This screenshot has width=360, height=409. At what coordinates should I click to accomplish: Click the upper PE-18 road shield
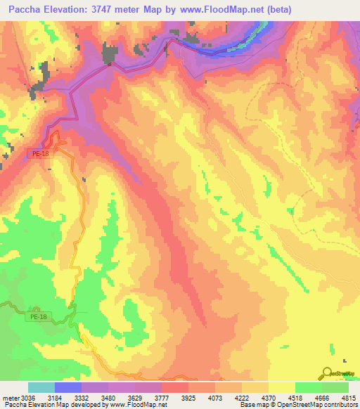tap(41, 153)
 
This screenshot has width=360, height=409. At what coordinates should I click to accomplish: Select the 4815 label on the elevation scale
tap(349, 398)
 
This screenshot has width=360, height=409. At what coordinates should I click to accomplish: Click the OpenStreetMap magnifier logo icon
tap(328, 372)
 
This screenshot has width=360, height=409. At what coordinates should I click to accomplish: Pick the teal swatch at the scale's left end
tap(41, 387)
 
